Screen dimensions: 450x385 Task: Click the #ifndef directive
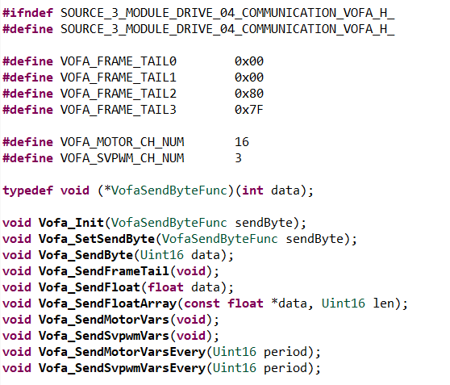coord(28,13)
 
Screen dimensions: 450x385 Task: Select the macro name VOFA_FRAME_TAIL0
coord(119,61)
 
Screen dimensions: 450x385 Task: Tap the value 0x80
coord(249,94)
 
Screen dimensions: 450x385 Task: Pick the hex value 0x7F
coord(249,110)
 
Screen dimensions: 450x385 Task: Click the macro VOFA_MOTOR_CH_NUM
coord(122,142)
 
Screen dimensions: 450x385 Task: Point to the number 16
coord(242,142)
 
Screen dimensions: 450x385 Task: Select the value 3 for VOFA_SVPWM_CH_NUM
coord(238,158)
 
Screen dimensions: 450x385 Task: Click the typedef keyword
coord(28,190)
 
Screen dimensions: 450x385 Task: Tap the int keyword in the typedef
coord(252,190)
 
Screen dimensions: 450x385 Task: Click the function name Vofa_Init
coord(71,223)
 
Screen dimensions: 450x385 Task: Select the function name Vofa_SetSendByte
coord(97,239)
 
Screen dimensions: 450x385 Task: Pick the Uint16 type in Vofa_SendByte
coord(162,255)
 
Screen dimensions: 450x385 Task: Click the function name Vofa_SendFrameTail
coord(104,271)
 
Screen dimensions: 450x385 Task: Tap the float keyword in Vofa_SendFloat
coord(165,287)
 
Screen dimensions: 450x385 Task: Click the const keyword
coord(202,303)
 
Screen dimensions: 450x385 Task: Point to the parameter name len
coord(383,303)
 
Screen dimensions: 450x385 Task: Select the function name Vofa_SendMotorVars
coord(104,320)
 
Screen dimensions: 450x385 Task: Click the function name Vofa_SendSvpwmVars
coord(104,336)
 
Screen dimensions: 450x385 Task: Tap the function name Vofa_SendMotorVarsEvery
coord(122,352)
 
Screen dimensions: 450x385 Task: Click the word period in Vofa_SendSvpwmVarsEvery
coord(285,368)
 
